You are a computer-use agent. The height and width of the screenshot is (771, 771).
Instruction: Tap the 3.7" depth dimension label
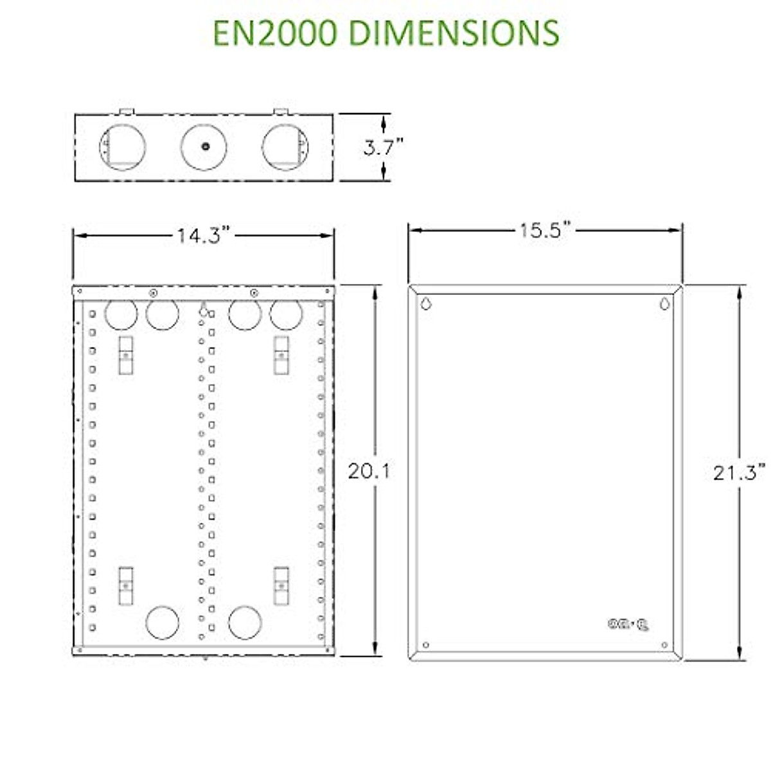(383, 148)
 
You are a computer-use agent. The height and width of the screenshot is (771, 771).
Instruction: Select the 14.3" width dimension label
(203, 236)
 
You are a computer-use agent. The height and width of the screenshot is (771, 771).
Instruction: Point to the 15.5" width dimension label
(545, 230)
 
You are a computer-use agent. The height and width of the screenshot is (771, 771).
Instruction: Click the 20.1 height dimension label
(369, 472)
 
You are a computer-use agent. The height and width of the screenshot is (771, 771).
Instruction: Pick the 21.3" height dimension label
(739, 473)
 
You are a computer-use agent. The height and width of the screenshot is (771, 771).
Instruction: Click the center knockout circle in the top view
(204, 147)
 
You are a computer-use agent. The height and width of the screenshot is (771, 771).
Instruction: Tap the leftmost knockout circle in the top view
(123, 147)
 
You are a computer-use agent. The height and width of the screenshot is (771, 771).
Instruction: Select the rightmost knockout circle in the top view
(285, 147)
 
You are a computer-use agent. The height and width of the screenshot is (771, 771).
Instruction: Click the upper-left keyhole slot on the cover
(425, 303)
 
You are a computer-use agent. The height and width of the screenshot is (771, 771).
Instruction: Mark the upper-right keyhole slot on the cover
(664, 303)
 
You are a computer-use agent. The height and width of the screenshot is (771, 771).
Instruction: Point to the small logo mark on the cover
(628, 624)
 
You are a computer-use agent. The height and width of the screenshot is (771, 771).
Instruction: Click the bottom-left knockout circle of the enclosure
(162, 622)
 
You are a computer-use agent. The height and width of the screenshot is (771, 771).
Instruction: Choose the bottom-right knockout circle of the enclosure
(245, 622)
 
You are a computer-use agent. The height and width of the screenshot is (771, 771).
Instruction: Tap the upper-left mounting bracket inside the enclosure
(125, 355)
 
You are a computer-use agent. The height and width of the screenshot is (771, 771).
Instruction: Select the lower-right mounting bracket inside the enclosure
(281, 585)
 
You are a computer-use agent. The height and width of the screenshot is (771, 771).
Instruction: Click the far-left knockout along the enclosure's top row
(121, 315)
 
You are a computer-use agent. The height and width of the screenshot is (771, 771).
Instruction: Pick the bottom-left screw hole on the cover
(426, 645)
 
